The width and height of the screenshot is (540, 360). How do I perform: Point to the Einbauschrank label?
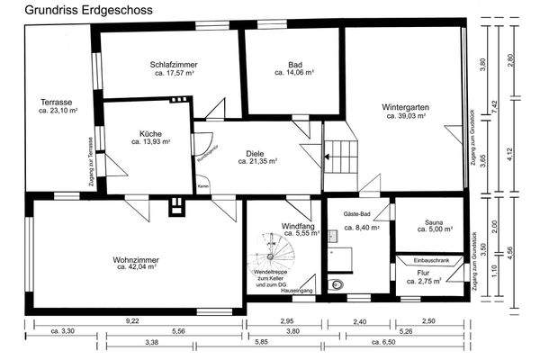pos(432,260)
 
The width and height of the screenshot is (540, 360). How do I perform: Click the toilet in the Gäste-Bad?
pos(337,286)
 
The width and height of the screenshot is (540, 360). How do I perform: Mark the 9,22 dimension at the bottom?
pos(132,320)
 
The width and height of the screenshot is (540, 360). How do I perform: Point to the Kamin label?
pos(203,185)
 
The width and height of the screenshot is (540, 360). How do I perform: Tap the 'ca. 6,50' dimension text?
pos(384,343)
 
